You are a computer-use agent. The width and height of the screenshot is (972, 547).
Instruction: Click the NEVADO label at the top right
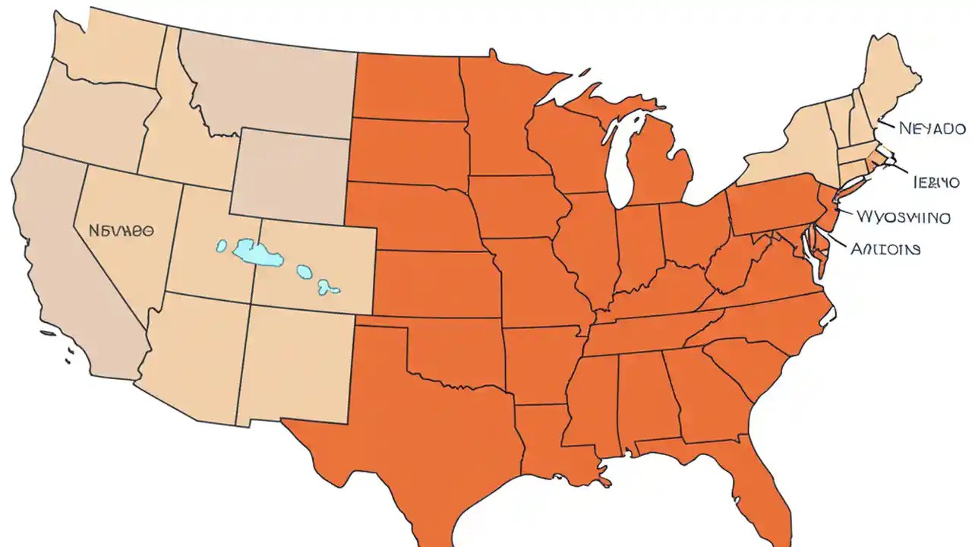932,128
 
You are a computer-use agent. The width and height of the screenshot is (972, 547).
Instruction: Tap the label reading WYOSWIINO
902,217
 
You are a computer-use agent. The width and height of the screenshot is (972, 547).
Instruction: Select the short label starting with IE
936,183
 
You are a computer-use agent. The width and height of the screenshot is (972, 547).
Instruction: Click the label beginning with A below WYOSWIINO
885,248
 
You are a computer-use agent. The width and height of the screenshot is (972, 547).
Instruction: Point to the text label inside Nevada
121,229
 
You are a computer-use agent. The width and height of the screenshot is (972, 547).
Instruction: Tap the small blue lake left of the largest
222,245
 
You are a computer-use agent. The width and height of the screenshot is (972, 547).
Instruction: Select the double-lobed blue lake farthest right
328,286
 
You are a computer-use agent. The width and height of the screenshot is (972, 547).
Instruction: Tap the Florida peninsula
763,486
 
